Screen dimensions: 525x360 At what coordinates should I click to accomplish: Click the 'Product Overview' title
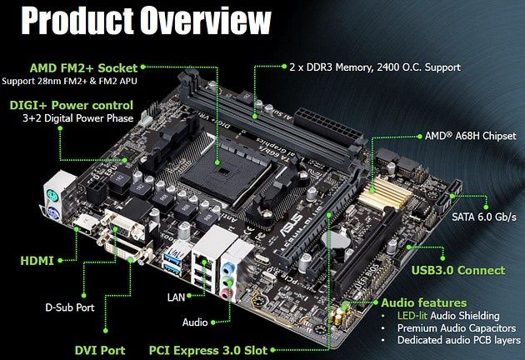(x=147, y=20)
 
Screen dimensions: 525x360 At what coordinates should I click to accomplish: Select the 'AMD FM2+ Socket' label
(x=83, y=68)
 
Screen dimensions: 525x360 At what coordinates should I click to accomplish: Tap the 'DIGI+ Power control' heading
(x=72, y=105)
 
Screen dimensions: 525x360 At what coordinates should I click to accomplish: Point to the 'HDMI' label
(x=37, y=261)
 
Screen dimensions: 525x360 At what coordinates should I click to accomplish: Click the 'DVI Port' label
(x=100, y=350)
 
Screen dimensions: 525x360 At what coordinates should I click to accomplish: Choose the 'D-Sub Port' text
(x=70, y=307)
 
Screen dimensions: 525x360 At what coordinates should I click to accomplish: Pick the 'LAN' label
(x=176, y=297)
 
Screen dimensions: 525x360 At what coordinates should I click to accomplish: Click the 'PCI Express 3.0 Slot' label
(x=208, y=350)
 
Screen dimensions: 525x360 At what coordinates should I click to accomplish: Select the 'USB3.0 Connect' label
(x=458, y=270)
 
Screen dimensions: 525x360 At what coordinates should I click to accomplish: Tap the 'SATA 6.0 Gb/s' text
(x=484, y=217)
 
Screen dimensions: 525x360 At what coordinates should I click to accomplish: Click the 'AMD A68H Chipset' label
(x=471, y=136)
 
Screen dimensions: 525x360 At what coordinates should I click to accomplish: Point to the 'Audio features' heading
(x=424, y=302)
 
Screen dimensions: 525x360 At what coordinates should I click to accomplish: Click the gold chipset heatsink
(x=385, y=193)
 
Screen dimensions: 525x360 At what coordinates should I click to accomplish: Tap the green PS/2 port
(x=52, y=194)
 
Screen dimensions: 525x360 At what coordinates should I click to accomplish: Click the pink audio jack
(x=227, y=293)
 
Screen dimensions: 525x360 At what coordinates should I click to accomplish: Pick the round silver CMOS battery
(x=336, y=240)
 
